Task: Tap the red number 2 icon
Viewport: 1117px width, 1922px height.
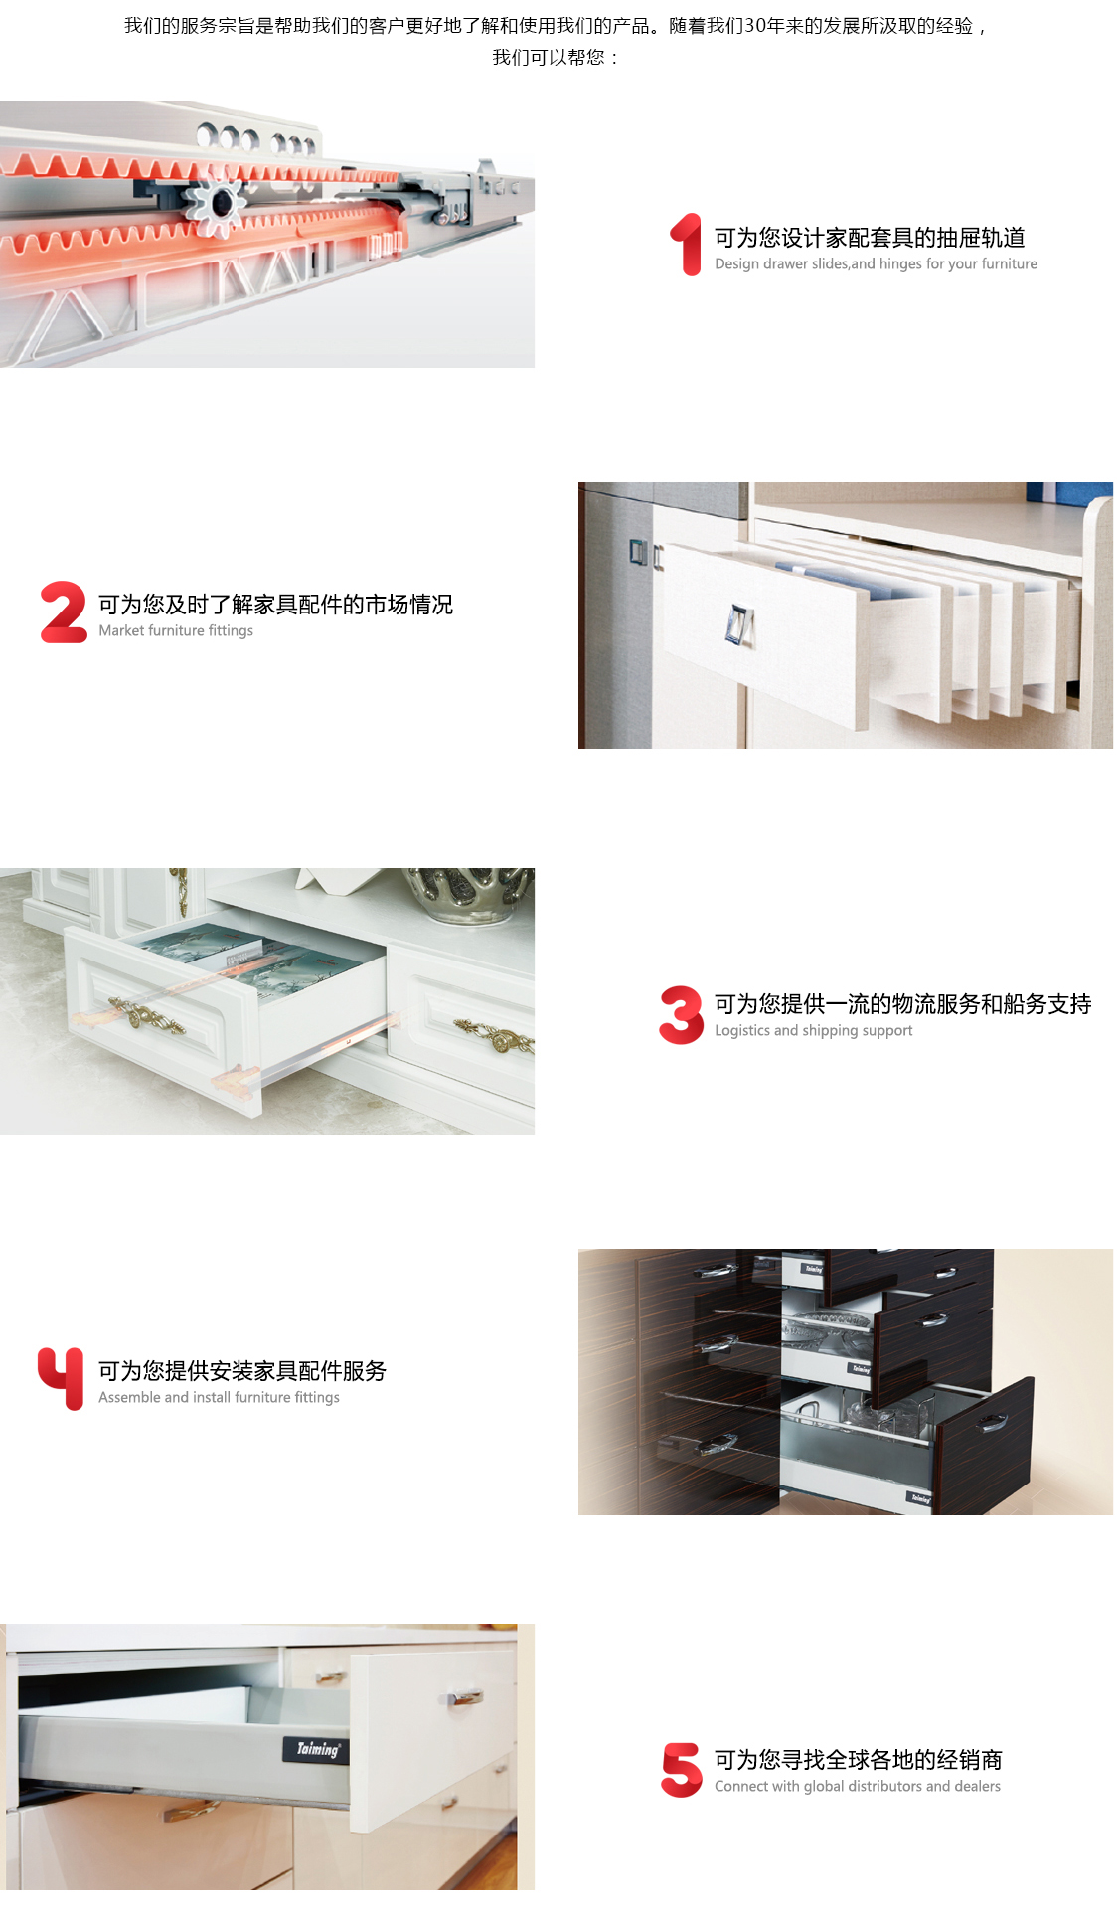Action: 64,612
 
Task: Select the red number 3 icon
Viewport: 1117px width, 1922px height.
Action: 681,1015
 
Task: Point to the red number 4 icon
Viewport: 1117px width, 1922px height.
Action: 62,1378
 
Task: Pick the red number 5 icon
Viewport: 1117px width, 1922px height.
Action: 682,1770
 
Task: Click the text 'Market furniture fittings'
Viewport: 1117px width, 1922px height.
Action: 176,630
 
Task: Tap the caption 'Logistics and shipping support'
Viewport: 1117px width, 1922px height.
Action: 813,1030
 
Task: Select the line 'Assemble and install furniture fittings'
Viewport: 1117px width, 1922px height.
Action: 219,1397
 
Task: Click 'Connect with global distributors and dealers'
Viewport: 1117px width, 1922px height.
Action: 858,1786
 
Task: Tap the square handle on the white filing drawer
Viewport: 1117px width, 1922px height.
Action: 739,625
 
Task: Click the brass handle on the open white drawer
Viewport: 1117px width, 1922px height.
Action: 147,1014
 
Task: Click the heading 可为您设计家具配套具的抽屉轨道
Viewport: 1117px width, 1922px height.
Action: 870,238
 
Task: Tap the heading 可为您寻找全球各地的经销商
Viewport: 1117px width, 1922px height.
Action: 859,1760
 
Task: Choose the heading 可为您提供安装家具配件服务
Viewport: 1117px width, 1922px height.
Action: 242,1371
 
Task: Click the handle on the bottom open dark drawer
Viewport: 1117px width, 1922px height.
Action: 991,1423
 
